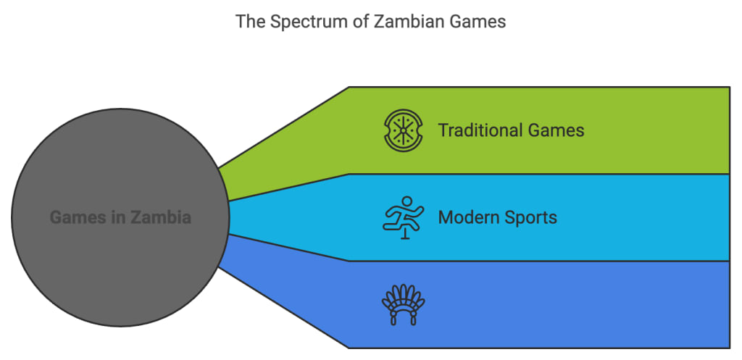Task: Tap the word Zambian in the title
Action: click(x=402, y=22)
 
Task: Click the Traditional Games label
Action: click(x=511, y=130)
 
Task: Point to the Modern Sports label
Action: click(x=498, y=217)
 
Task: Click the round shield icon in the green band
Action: click(x=404, y=131)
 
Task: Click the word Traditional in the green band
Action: click(x=480, y=130)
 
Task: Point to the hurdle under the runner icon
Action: click(x=404, y=233)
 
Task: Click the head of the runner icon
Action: click(x=408, y=201)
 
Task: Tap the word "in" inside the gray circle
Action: click(x=115, y=217)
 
